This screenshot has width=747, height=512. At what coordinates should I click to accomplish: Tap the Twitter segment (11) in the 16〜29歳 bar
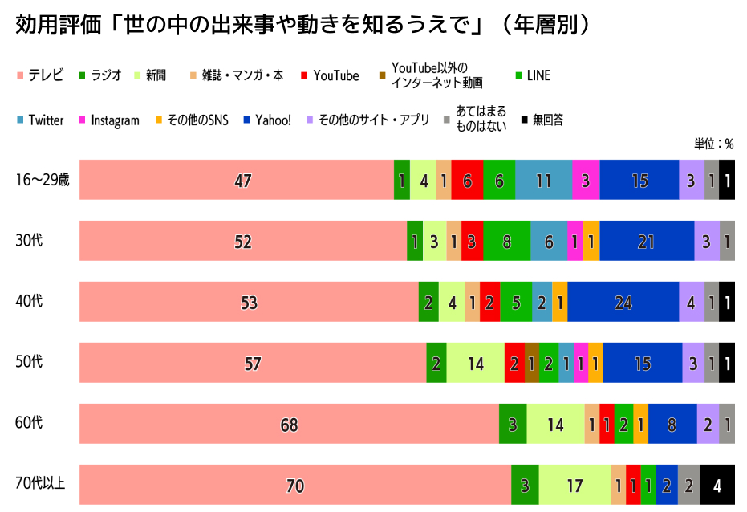click(543, 181)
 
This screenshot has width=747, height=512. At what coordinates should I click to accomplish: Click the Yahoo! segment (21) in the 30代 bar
click(647, 242)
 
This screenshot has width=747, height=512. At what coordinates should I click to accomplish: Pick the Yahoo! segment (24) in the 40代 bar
click(623, 303)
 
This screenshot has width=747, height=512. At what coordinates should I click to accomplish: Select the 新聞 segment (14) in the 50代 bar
click(475, 364)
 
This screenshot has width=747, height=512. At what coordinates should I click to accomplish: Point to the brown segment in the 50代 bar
click(531, 364)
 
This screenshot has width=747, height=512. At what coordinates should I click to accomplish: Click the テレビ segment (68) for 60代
click(289, 425)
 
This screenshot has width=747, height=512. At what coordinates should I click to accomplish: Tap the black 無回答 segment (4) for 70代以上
click(717, 486)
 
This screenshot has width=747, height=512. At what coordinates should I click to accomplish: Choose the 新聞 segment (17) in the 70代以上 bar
click(574, 486)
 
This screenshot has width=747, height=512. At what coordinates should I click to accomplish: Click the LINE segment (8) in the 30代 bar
click(506, 242)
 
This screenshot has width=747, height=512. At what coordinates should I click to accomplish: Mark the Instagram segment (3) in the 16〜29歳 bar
click(586, 181)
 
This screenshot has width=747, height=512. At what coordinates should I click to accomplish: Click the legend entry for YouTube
click(330, 75)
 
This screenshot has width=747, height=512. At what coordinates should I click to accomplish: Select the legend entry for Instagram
click(108, 120)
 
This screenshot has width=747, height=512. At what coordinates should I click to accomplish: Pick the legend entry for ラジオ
click(99, 75)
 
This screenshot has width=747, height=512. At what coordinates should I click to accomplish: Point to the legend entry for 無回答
click(542, 120)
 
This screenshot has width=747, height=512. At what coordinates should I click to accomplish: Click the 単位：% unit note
click(713, 144)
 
